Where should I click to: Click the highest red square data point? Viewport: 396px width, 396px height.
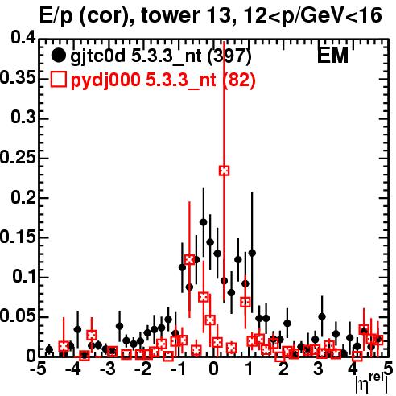click(x=225, y=171)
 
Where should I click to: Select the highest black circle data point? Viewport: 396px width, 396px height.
click(x=204, y=222)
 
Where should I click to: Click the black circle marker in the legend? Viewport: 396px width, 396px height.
click(x=58, y=56)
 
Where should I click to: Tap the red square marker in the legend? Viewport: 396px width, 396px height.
click(x=59, y=80)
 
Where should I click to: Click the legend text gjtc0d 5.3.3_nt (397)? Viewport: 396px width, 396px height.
click(x=161, y=56)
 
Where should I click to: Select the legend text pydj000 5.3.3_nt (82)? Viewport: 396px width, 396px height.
click(x=163, y=80)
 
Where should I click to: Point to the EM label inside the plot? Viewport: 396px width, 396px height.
click(x=332, y=56)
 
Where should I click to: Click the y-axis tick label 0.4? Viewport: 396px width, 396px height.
click(x=23, y=38)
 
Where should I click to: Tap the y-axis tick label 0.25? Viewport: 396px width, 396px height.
click(x=18, y=157)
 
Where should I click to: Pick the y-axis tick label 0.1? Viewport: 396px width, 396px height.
click(x=24, y=277)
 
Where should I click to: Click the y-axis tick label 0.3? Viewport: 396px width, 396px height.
click(x=23, y=118)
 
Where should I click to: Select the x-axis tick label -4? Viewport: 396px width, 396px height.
click(x=73, y=369)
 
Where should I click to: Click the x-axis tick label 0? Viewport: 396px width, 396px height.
click(x=213, y=369)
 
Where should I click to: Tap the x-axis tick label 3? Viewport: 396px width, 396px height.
click(x=318, y=369)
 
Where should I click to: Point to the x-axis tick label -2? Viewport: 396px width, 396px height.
click(x=143, y=369)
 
